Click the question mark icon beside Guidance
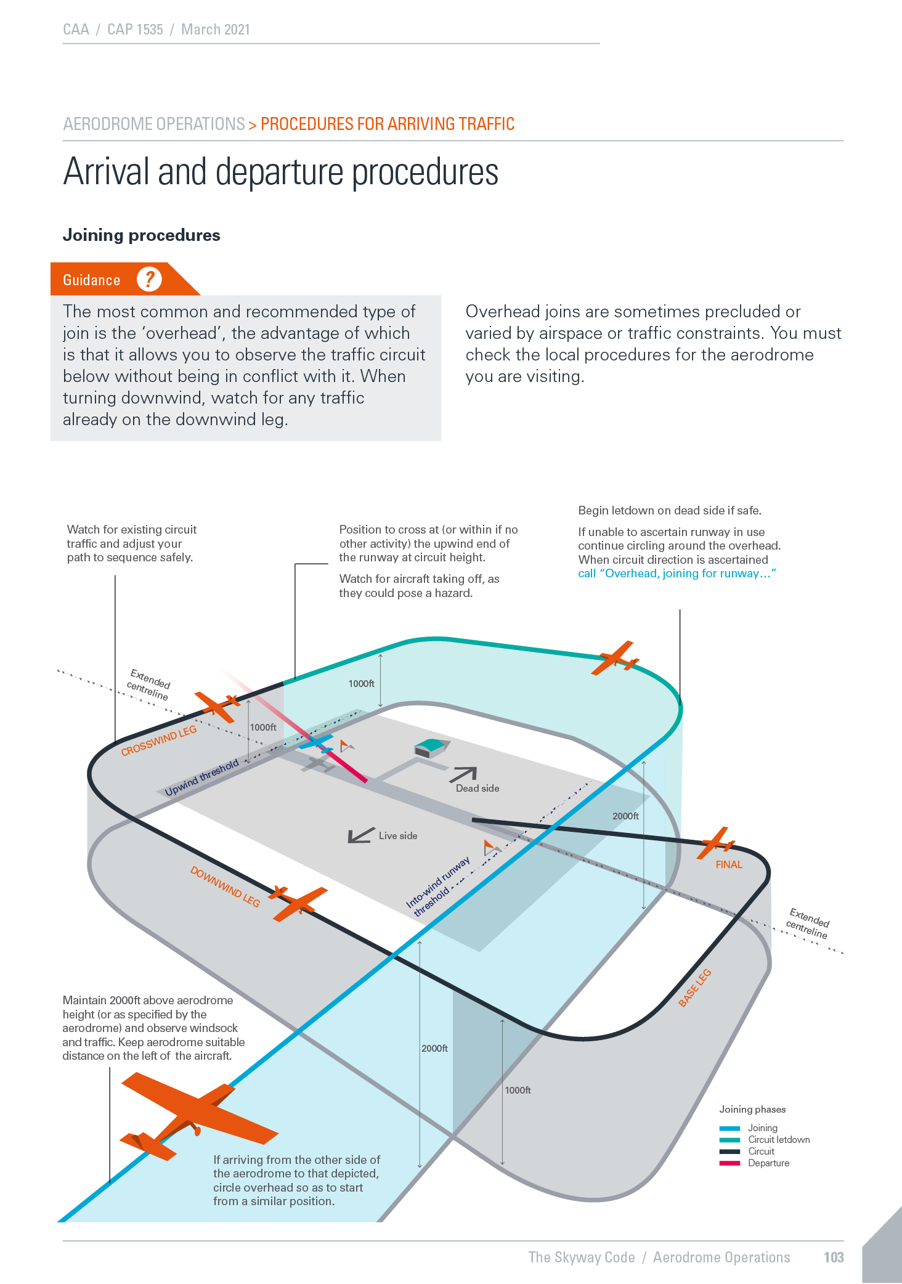point(149,279)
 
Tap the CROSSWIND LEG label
point(159,740)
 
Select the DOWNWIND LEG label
point(225,887)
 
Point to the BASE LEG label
point(695,988)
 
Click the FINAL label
point(729,864)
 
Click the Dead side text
point(477,788)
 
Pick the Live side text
point(398,835)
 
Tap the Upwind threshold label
point(201,777)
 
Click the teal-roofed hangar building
point(431,747)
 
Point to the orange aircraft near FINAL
point(715,843)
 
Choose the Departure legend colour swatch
point(729,1163)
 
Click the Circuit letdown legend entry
point(779,1140)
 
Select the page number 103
point(834,1258)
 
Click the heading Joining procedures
point(142,235)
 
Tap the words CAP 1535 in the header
point(135,30)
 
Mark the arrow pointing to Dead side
point(463,774)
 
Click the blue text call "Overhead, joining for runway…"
point(676,574)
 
